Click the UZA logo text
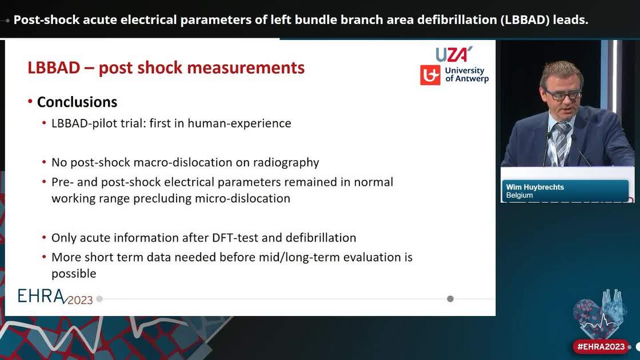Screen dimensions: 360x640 point(454,54)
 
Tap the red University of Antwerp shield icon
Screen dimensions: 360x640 point(430,75)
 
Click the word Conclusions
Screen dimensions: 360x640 point(77,102)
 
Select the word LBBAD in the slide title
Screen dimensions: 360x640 point(54,68)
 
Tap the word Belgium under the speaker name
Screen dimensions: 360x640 point(519,195)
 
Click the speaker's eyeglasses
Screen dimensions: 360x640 point(562,94)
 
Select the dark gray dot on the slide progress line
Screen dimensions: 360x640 point(450,299)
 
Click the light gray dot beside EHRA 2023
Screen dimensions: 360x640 point(99,299)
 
